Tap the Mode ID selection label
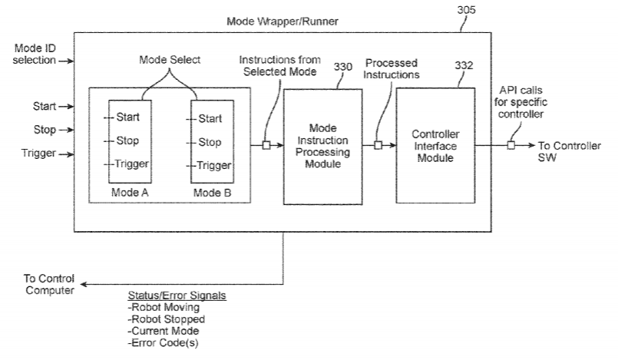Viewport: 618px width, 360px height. pyautogui.click(x=35, y=55)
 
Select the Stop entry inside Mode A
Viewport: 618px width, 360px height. pyautogui.click(x=126, y=141)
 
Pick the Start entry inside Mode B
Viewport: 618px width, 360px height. pyautogui.click(x=210, y=119)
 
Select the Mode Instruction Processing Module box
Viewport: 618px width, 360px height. pyautogui.click(x=322, y=146)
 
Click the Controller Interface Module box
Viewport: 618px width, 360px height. pyautogui.click(x=435, y=146)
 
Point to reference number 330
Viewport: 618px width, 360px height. pyautogui.click(x=344, y=68)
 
